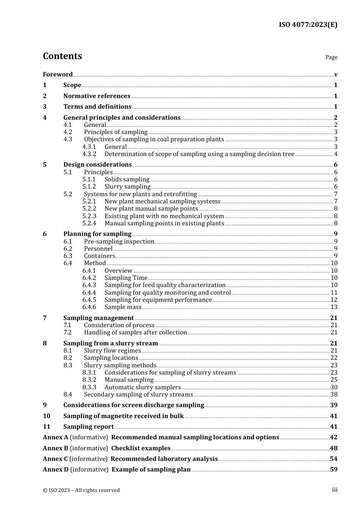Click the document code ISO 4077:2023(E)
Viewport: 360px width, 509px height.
(x=308, y=25)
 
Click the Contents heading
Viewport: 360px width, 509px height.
(x=62, y=56)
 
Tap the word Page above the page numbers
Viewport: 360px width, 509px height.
(x=331, y=57)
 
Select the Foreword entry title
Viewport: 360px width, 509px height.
(x=58, y=74)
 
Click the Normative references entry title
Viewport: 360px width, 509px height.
(x=97, y=96)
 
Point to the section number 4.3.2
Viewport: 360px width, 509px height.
(x=89, y=154)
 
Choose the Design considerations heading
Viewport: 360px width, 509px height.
(x=97, y=164)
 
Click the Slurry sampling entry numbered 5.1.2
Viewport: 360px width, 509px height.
(x=127, y=186)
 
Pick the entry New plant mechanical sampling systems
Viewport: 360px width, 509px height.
(x=162, y=201)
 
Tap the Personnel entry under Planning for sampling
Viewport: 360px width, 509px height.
(x=98, y=248)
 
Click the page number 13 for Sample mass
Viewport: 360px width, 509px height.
(x=334, y=307)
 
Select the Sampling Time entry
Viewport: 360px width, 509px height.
(x=126, y=278)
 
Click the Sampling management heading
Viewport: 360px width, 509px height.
(x=99, y=318)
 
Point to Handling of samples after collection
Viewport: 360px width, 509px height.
(x=135, y=332)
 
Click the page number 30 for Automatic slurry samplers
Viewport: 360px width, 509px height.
(x=334, y=387)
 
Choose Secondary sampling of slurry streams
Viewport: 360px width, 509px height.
(x=138, y=394)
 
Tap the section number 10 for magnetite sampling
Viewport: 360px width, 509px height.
(x=47, y=416)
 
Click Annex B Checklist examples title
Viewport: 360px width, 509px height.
(x=141, y=448)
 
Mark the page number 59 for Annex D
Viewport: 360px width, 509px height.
(x=333, y=469)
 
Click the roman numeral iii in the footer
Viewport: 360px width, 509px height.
(x=335, y=490)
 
